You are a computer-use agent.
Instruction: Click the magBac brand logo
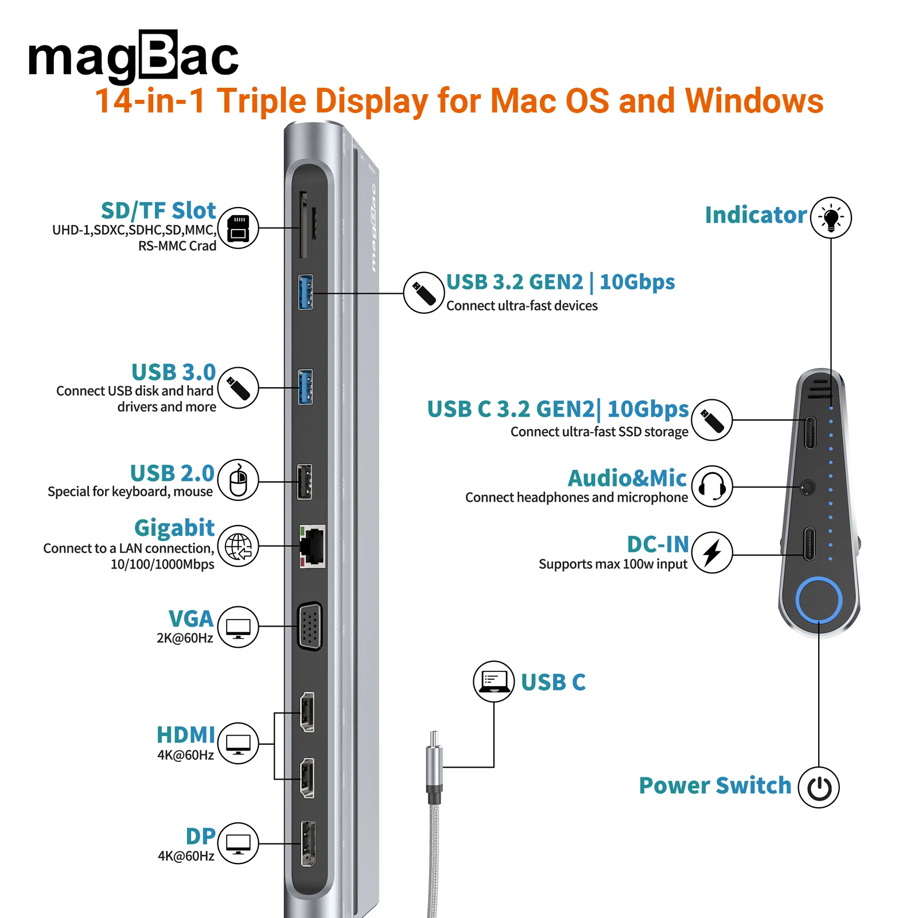[133, 56]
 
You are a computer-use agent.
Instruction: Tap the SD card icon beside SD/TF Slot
[238, 228]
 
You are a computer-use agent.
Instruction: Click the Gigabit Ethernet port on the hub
[312, 546]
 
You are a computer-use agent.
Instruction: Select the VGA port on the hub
[310, 627]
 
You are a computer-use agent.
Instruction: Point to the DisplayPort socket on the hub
[308, 843]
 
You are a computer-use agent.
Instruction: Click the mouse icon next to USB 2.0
[238, 480]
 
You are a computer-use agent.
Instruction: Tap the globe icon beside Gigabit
[238, 546]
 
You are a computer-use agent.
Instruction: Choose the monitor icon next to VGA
[238, 627]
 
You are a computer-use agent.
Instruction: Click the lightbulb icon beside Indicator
[831, 217]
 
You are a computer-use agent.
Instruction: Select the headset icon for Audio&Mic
[712, 487]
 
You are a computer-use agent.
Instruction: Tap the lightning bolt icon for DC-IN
[712, 553]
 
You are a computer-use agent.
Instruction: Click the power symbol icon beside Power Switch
[819, 788]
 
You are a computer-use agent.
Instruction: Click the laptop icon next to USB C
[493, 681]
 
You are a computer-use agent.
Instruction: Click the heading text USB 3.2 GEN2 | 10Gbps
[560, 282]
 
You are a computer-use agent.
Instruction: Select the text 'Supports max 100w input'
[613, 564]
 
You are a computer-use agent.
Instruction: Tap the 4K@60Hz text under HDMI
[185, 755]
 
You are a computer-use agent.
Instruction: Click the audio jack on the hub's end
[807, 488]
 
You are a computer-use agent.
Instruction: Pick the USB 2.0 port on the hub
[305, 481]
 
